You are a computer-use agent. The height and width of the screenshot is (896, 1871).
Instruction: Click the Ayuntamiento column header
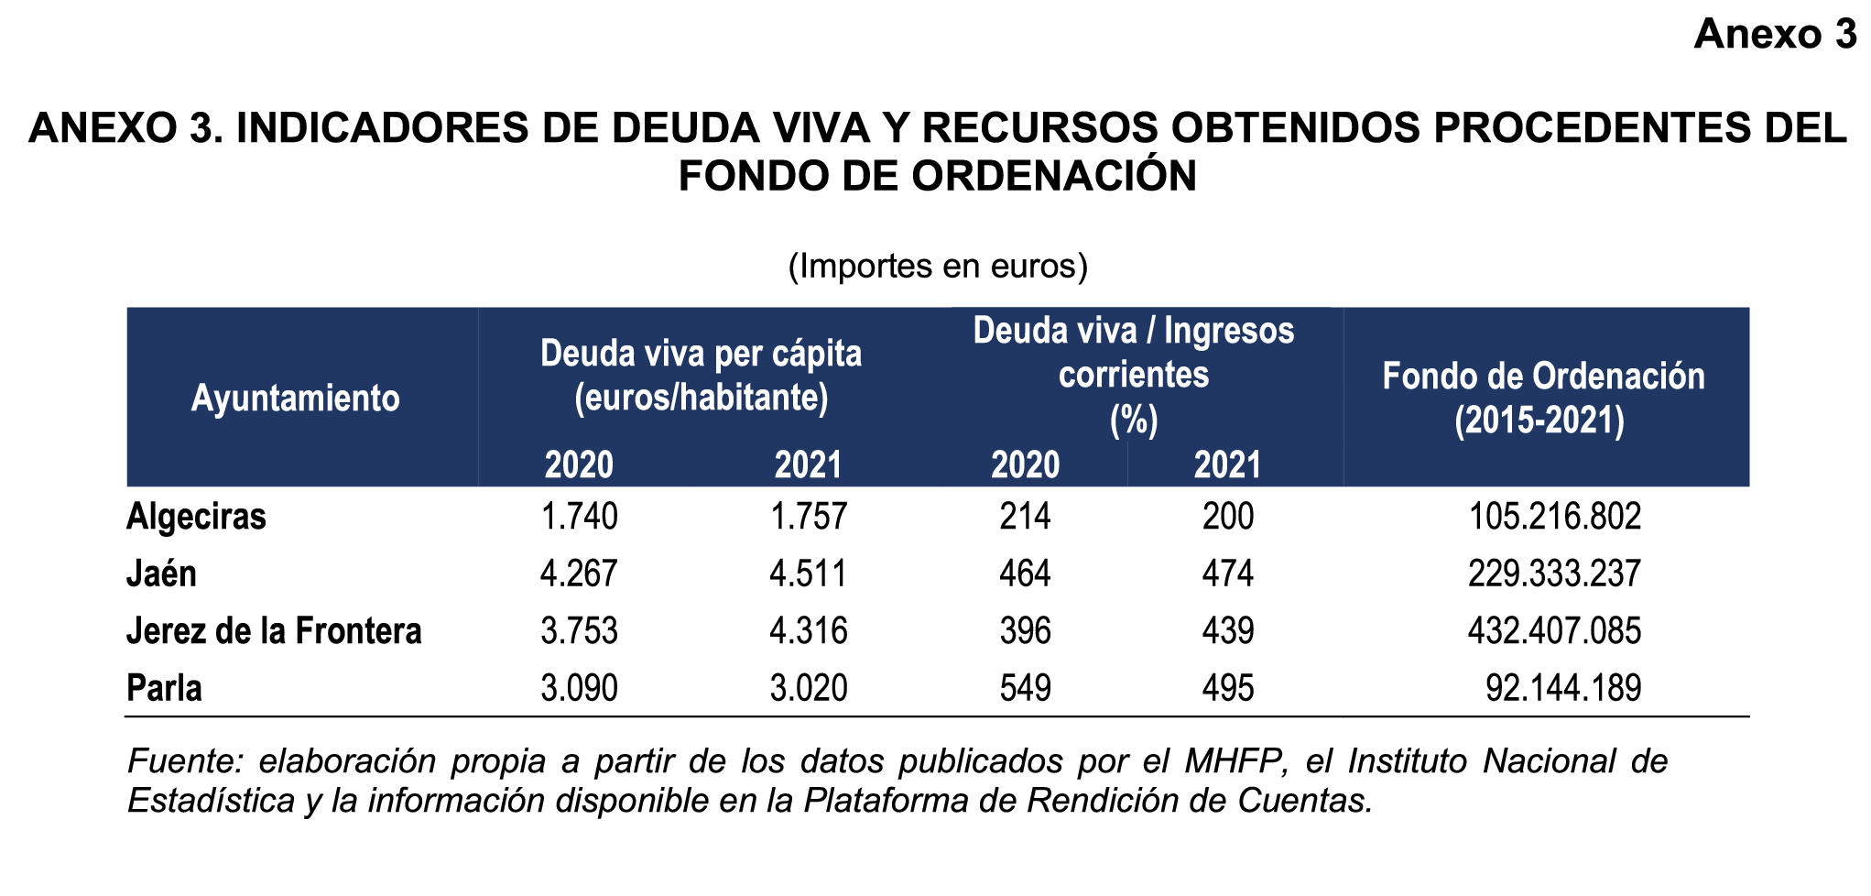click(295, 399)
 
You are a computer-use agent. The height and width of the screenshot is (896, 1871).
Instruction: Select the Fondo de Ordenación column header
click(1543, 399)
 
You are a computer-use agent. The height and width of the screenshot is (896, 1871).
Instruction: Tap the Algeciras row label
click(196, 517)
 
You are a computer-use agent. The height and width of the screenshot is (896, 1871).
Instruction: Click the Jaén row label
click(161, 574)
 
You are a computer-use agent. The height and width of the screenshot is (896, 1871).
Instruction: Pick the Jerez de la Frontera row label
click(274, 631)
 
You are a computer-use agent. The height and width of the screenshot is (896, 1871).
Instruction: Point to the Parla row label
click(164, 688)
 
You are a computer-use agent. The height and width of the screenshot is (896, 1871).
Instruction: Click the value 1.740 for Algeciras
click(579, 517)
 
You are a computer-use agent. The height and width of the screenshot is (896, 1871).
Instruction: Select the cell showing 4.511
click(809, 574)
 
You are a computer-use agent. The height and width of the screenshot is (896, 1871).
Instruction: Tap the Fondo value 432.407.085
click(1554, 631)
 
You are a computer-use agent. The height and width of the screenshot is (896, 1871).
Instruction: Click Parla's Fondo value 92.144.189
click(1563, 688)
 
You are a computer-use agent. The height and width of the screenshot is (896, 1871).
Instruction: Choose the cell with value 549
click(1025, 688)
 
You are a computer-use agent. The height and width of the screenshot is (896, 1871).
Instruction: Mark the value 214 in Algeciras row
click(1025, 517)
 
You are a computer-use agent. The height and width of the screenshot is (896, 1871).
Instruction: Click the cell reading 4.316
click(809, 631)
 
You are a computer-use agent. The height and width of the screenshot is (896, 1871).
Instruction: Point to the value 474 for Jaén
click(1227, 574)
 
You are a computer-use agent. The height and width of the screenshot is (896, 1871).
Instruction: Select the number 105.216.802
click(1554, 517)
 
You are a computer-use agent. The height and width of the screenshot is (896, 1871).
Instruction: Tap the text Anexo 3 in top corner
click(1774, 34)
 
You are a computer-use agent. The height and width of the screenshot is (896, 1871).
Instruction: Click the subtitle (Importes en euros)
click(938, 266)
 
